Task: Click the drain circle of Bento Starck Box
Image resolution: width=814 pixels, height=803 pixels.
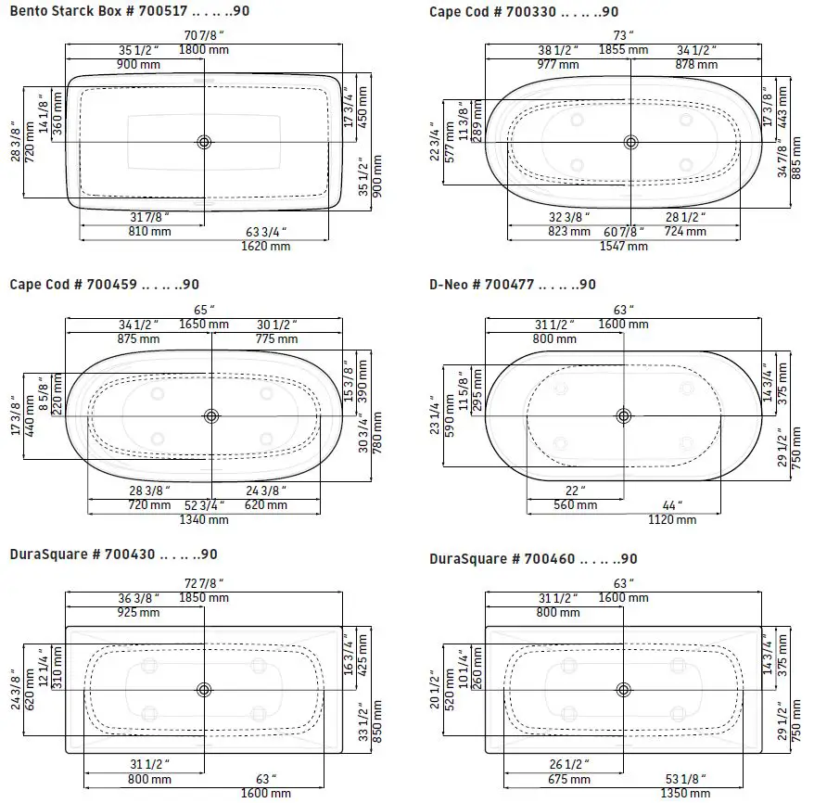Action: (204, 142)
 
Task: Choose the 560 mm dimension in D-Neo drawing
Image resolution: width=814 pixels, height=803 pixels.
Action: (575, 505)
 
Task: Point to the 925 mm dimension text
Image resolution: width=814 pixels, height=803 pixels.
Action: (138, 613)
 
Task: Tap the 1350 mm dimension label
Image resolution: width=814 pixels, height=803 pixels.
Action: (685, 794)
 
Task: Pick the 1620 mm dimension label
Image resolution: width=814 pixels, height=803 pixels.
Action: (266, 246)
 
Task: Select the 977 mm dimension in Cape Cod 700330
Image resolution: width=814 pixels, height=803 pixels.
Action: (558, 64)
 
